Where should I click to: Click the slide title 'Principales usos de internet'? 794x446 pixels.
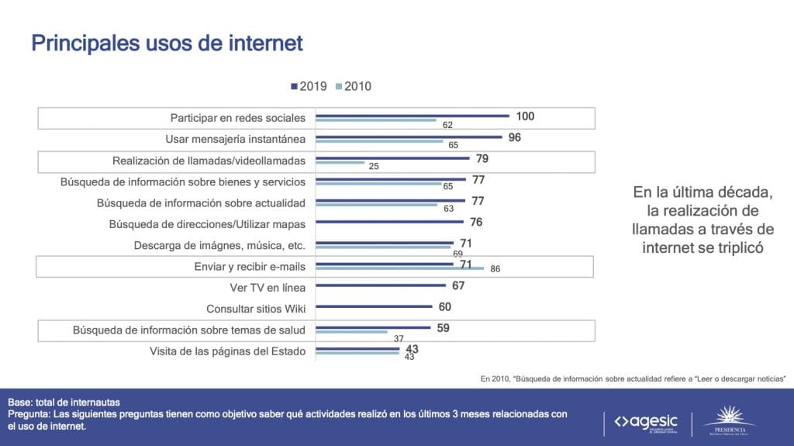[x=167, y=43]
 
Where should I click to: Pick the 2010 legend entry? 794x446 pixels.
[x=354, y=86]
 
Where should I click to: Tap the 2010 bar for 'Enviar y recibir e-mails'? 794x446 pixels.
[x=400, y=268]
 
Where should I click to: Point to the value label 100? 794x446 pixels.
[x=525, y=116]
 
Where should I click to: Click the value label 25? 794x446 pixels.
[x=374, y=166]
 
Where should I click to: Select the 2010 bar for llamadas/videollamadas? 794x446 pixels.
[x=340, y=163]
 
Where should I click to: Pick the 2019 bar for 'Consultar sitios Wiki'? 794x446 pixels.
[x=375, y=307]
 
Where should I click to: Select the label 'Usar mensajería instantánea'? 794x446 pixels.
[x=236, y=139]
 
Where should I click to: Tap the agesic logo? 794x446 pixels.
[x=646, y=421]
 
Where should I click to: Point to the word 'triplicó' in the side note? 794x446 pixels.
[x=734, y=247]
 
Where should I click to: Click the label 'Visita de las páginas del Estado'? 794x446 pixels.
[x=227, y=351]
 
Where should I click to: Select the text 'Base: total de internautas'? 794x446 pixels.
[x=64, y=403]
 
